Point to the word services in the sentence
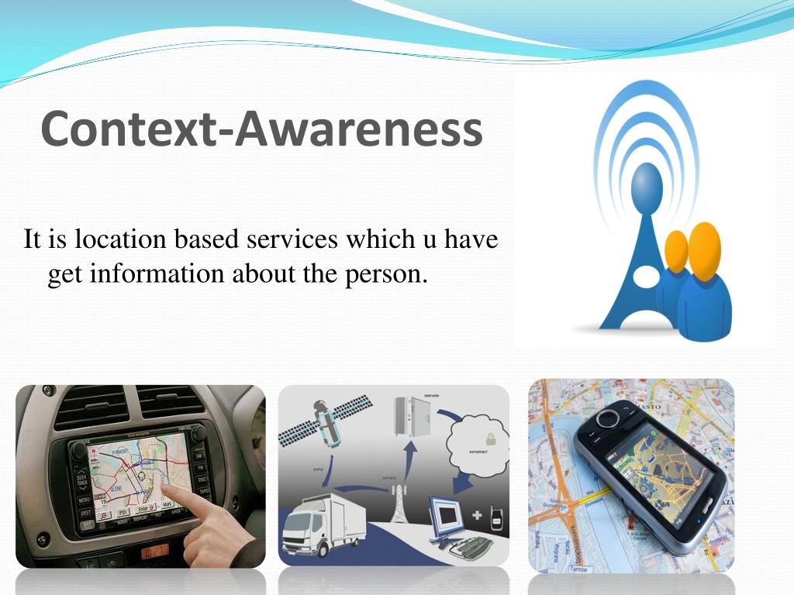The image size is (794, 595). (292, 239)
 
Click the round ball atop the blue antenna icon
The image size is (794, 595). (647, 186)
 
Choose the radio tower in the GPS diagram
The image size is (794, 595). (399, 503)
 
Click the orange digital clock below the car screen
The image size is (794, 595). (154, 552)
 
